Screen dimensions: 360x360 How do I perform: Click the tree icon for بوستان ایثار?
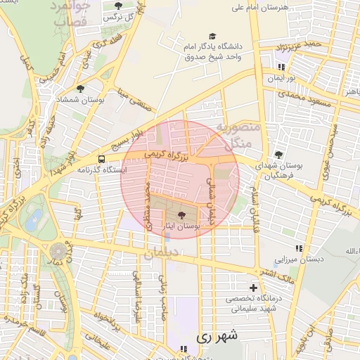coord(183,216)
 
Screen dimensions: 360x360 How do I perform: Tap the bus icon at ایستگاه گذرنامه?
coord(102,159)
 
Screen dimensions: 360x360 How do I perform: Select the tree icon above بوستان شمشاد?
coord(81,89)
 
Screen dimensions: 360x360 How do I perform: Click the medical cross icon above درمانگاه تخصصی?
coord(254,288)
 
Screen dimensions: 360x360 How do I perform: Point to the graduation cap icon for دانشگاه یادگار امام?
coord(212,36)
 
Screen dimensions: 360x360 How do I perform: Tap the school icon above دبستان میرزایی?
coord(300,248)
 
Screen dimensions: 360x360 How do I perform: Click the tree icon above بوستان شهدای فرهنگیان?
coord(278,155)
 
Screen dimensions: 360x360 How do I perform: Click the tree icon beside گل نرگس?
coord(117,6)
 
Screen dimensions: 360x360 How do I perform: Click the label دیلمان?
coord(157,254)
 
